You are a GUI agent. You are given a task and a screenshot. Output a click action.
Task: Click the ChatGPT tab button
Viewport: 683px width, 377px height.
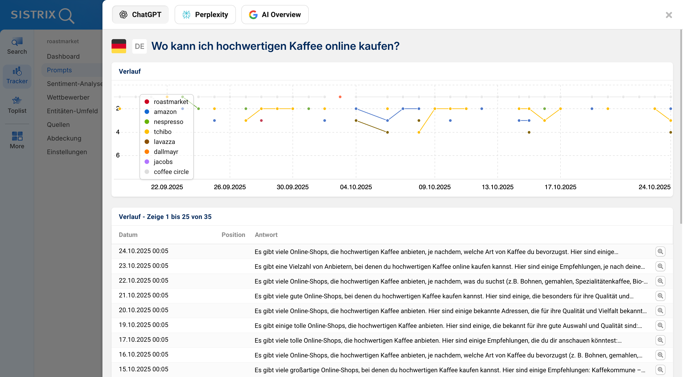[140, 15]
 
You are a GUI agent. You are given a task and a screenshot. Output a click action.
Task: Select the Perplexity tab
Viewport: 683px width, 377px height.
[205, 15]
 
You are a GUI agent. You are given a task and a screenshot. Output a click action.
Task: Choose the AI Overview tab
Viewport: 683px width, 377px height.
[275, 15]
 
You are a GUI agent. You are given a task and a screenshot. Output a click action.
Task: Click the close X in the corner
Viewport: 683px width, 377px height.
[669, 15]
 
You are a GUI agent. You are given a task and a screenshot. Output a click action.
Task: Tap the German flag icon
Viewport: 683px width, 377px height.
[119, 46]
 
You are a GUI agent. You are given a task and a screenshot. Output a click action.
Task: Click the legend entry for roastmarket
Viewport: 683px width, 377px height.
[171, 102]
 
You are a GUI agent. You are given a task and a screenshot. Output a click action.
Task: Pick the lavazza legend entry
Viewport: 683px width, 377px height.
[164, 142]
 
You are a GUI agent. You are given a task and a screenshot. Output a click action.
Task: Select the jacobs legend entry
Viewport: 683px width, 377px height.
[163, 162]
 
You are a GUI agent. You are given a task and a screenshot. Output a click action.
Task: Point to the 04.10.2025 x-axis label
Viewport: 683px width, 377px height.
[356, 187]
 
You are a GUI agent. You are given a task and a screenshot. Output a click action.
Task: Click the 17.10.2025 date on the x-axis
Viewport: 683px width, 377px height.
[560, 187]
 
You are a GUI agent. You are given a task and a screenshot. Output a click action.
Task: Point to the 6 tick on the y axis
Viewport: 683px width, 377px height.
[118, 155]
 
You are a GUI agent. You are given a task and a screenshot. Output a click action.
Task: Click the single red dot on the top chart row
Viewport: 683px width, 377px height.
[340, 97]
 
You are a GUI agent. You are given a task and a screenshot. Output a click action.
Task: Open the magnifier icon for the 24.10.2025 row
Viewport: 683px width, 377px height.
[660, 251]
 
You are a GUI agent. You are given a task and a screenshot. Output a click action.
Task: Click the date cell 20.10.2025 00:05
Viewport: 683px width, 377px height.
[143, 310]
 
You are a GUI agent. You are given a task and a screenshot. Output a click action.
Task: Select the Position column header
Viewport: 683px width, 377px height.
[233, 235]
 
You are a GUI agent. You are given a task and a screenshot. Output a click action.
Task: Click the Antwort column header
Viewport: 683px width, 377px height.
[266, 235]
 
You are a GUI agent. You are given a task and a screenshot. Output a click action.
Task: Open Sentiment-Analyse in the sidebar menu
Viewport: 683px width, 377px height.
[74, 84]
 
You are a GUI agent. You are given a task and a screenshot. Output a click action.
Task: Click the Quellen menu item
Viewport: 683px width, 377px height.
[58, 125]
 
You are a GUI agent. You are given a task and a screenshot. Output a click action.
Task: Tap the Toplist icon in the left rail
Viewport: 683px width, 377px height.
[17, 105]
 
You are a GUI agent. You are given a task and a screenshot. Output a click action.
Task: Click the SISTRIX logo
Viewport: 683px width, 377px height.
[42, 15]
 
